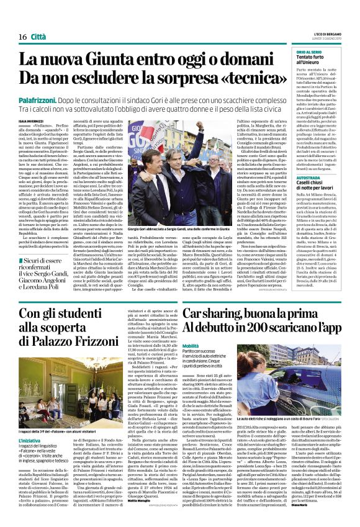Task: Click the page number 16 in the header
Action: click(22, 37)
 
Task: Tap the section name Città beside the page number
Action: click(40, 37)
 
